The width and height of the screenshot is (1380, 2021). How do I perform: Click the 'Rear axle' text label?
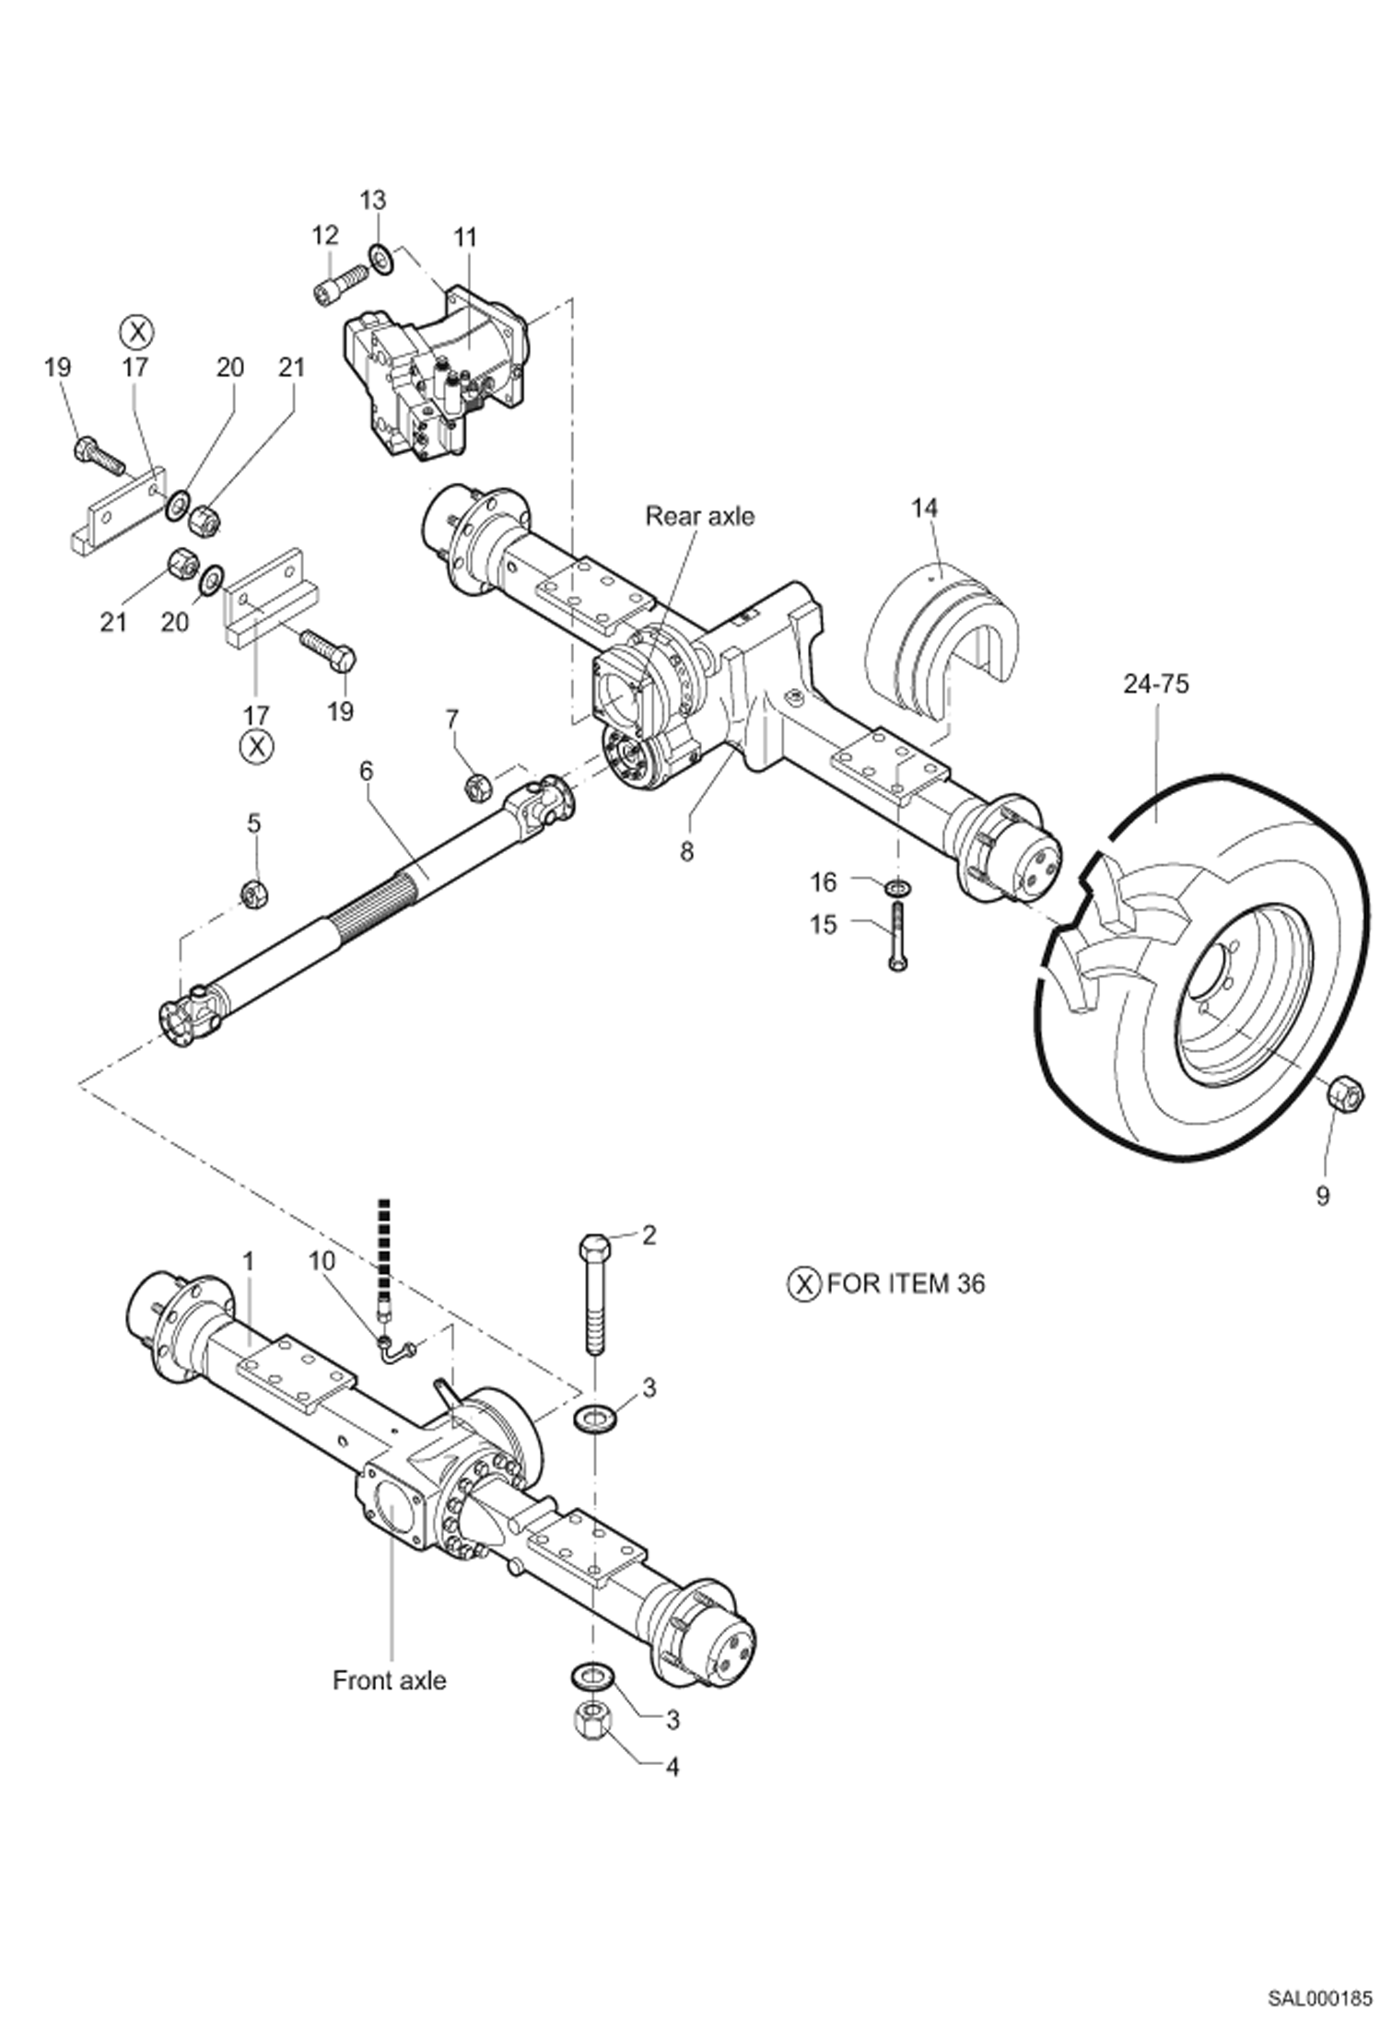699,516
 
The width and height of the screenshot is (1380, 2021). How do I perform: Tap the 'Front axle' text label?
389,1680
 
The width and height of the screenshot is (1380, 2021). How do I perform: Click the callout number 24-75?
1155,683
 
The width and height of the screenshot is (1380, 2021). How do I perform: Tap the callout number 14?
924,508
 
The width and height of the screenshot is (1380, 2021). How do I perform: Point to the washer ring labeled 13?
380,257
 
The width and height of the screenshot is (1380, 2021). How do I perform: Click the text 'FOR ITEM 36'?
905,1283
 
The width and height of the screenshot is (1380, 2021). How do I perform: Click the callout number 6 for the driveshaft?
367,771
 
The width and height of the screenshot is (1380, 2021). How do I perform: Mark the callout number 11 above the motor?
465,237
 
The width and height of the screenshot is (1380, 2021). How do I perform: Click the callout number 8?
686,852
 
